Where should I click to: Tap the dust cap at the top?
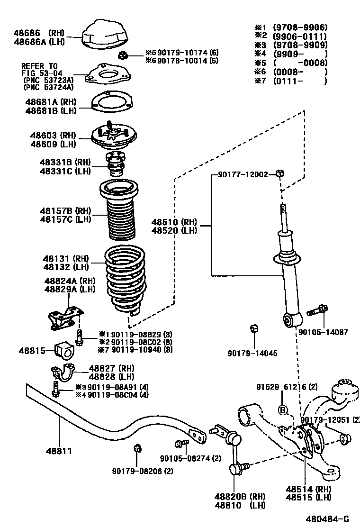pyautogui.click(x=105, y=36)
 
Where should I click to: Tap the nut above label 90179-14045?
pyautogui.click(x=253, y=328)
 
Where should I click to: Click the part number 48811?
pyautogui.click(x=59, y=451)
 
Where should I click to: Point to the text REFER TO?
pyautogui.click(x=39, y=66)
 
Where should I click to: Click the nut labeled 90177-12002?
pyautogui.click(x=279, y=174)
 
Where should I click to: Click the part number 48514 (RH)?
pyautogui.click(x=308, y=489)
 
